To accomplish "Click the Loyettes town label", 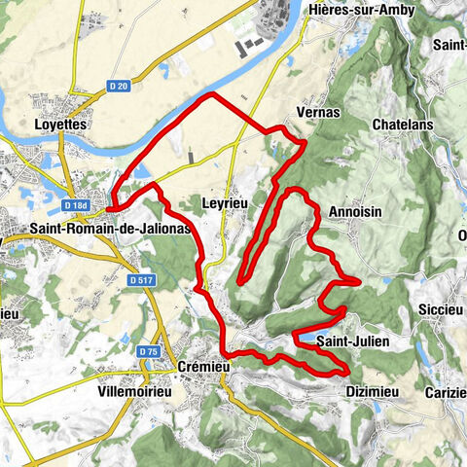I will pos(60,126).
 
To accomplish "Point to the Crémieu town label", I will pos(202,367).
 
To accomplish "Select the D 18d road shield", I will pos(75,205).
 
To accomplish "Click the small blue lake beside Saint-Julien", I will pos(310,339).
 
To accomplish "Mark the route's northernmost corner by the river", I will pos(208,95).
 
